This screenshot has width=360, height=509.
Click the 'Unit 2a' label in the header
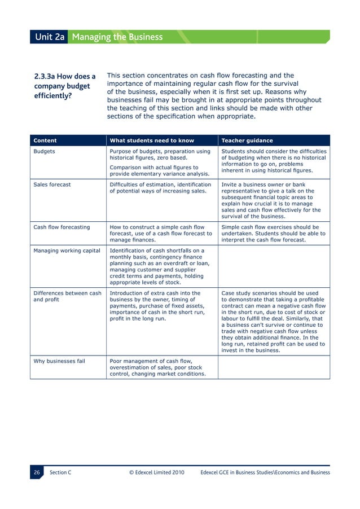pos(50,37)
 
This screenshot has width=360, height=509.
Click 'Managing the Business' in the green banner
pos(117,37)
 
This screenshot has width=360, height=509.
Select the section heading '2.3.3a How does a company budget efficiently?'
pos(65,86)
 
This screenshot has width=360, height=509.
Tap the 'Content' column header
pos(45,141)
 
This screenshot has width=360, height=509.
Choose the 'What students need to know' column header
pos(152,141)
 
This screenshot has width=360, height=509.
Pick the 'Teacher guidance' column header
pos(247,141)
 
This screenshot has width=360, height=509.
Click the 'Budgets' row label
pos(44,151)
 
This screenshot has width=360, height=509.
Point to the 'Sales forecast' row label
pos(52,184)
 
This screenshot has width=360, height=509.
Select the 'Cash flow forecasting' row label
pos(62,227)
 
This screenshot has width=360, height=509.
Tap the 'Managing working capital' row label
pos(67,251)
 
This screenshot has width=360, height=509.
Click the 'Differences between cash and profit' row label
pos(67,297)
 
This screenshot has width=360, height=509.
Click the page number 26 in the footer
pos(37,472)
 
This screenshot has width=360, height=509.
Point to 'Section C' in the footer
pos(60,472)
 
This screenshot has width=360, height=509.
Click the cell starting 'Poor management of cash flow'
pos(157,367)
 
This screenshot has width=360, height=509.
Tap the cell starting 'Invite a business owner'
pos(274,200)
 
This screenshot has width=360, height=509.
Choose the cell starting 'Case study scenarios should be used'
pos(274,322)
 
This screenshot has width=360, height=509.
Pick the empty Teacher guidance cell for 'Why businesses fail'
pos(274,367)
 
